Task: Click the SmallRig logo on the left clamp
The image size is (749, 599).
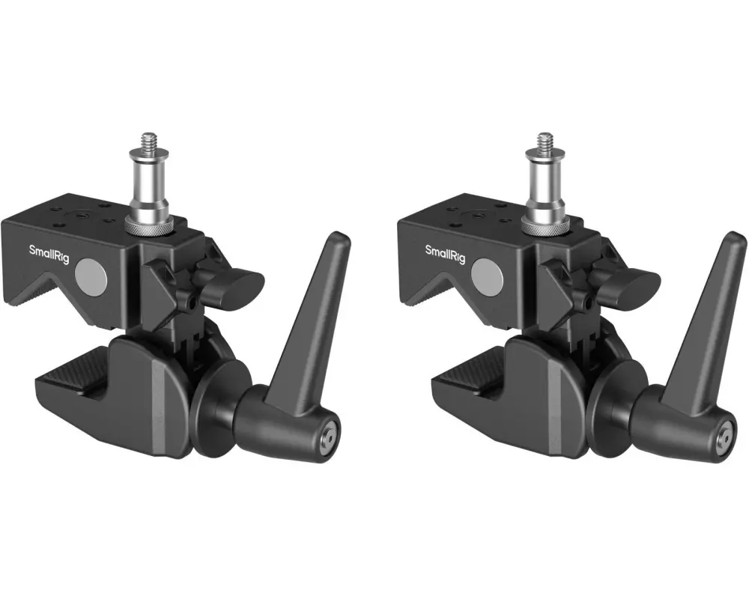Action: tap(49, 254)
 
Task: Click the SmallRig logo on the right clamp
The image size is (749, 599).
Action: tap(445, 254)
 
